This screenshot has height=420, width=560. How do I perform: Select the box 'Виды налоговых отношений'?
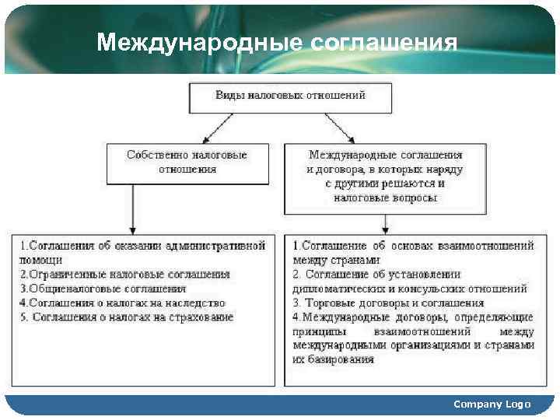(290, 96)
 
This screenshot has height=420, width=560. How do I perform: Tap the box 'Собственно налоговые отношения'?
(187, 162)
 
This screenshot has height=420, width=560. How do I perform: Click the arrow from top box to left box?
(219, 128)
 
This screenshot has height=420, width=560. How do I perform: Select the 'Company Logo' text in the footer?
(492, 404)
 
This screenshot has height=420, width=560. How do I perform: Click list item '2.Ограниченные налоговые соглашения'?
(125, 275)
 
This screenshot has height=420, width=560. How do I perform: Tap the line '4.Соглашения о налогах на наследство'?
(122, 303)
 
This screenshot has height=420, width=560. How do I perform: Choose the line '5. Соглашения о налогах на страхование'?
(127, 317)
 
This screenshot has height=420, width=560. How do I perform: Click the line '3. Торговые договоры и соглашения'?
(389, 303)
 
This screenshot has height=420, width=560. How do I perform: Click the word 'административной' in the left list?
(220, 246)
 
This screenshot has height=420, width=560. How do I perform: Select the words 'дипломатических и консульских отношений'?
(410, 289)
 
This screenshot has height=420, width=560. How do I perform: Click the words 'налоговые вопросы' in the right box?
(385, 198)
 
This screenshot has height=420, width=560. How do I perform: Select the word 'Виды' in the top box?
(229, 96)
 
